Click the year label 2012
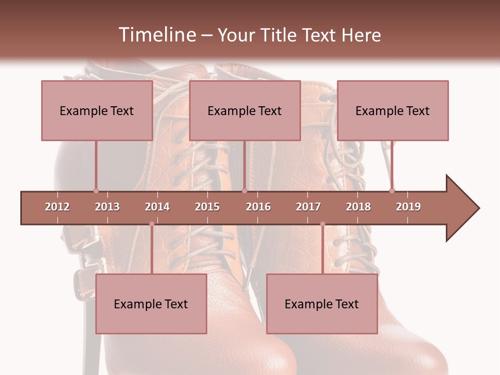coord(57,207)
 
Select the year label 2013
coord(107,207)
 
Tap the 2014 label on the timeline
coord(157,207)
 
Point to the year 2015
coord(207,207)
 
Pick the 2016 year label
coord(258,207)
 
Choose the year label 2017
coord(308,207)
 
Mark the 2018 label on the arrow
coord(358,207)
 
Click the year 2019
coord(408,207)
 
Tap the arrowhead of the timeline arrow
coord(461,208)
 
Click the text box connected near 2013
coord(97,110)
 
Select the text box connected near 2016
coord(245,110)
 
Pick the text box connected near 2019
coord(393,110)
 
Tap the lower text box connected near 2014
coord(151,304)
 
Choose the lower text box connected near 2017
coord(322,304)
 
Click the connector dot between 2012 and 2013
coord(96,191)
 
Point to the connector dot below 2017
coord(322,224)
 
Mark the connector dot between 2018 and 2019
coord(392,191)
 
